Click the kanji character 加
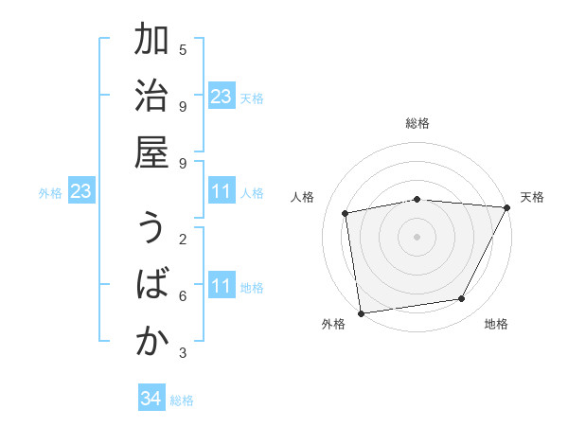151,42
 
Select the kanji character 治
151,98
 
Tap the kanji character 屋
151,155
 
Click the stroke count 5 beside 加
183,48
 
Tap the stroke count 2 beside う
183,239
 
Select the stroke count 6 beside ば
183,295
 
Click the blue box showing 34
151,399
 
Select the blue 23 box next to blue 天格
222,97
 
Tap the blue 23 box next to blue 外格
81,192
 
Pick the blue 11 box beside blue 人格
222,192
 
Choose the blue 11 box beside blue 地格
222,287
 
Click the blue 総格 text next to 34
183,400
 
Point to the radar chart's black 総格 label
417,123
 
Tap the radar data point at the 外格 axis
361,312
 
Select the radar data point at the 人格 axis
346,213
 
